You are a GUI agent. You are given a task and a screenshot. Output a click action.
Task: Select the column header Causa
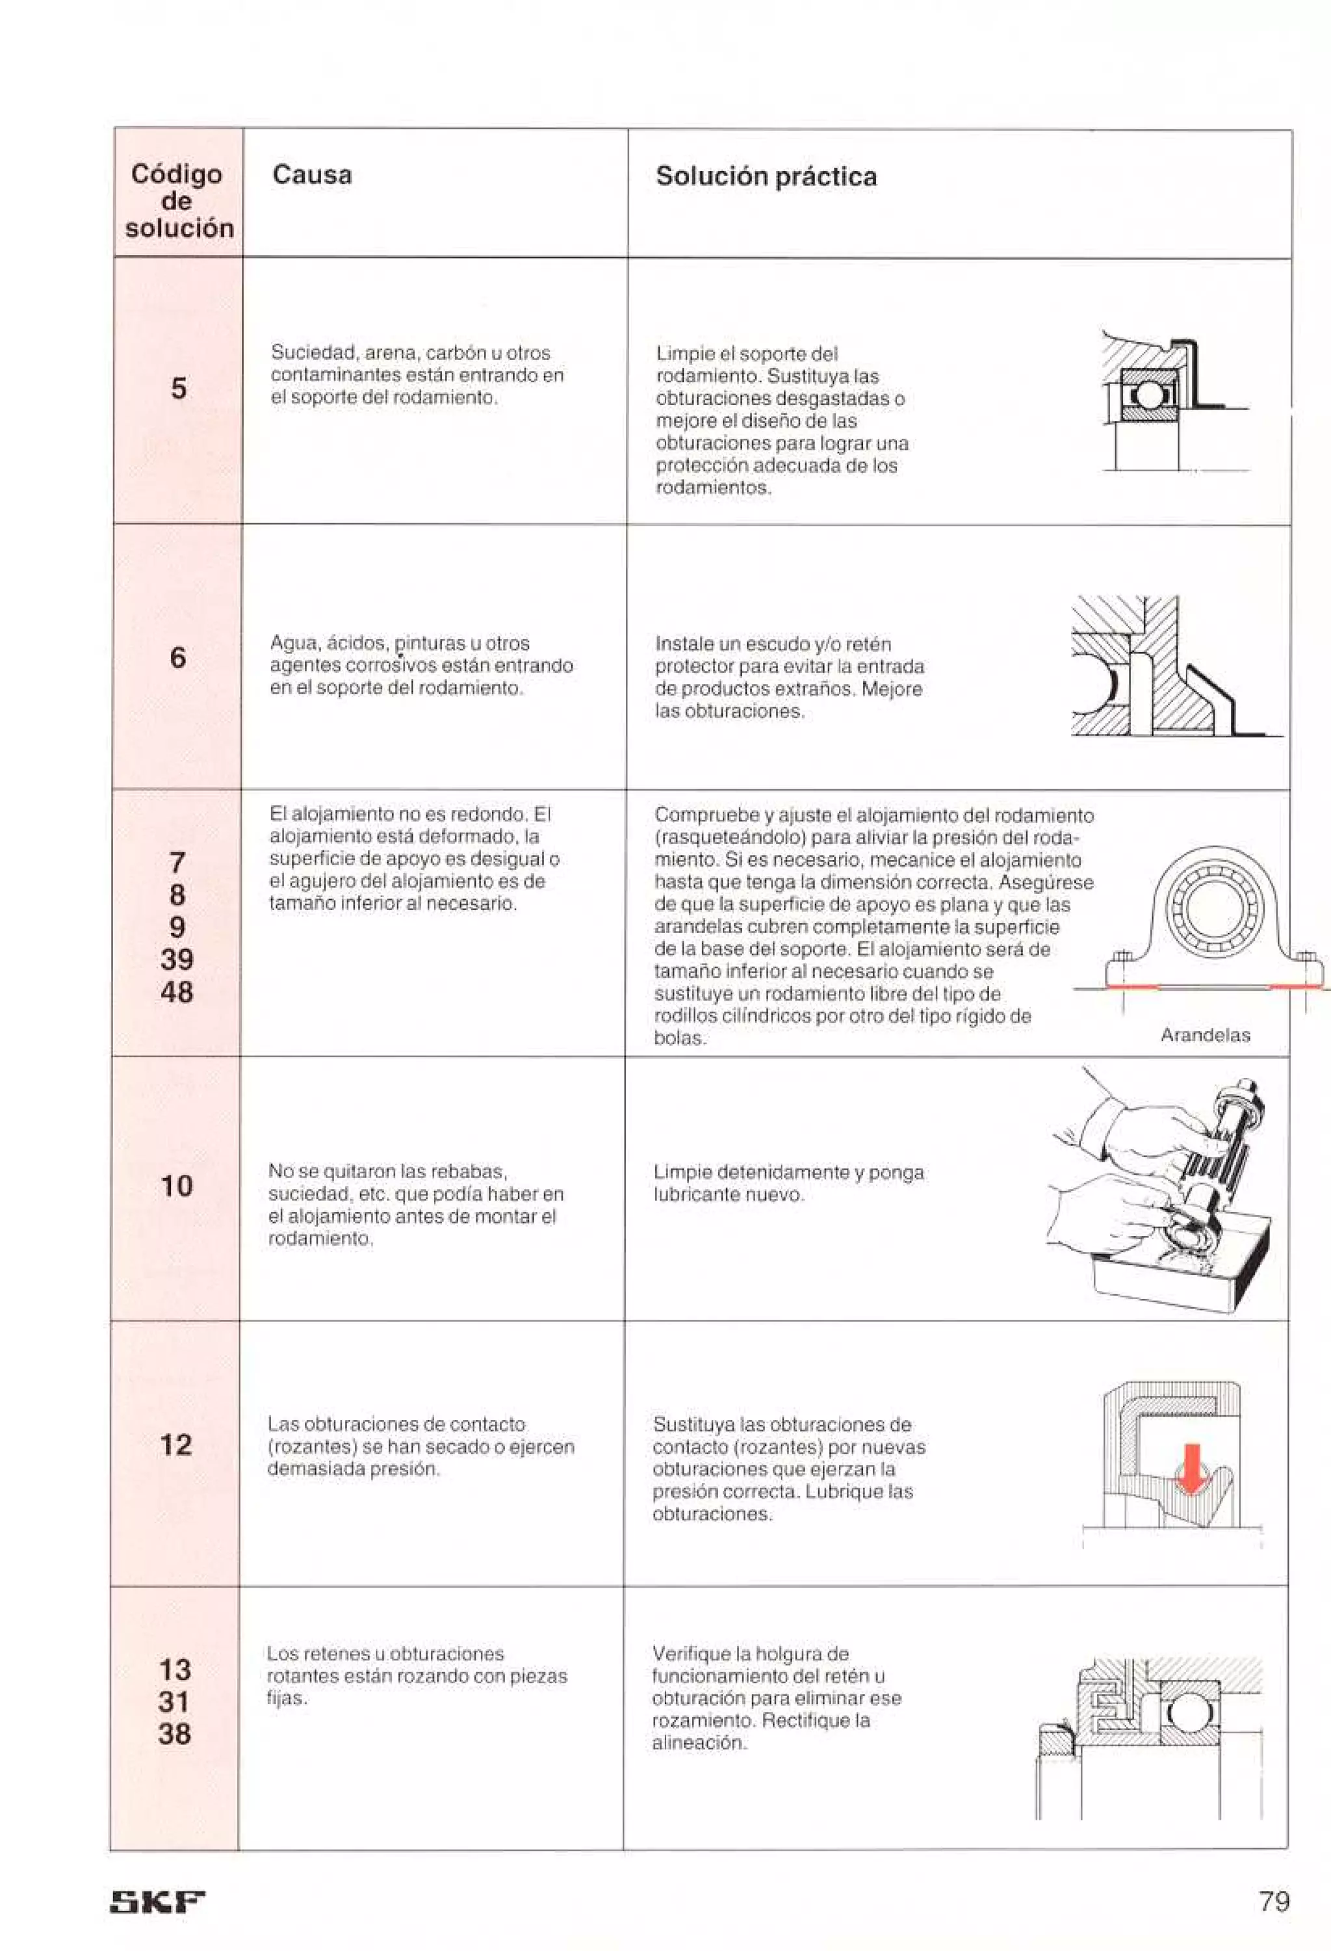[x=311, y=176]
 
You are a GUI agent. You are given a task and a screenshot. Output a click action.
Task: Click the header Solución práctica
[x=766, y=176]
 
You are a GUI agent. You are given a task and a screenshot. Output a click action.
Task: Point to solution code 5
[x=179, y=389]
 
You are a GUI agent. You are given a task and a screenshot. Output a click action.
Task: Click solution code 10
[x=176, y=1186]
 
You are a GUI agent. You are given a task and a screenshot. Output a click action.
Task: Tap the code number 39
[x=176, y=960]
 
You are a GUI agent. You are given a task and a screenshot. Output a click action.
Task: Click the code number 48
[x=176, y=992]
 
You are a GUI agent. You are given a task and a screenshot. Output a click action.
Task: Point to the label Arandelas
[x=1205, y=1035]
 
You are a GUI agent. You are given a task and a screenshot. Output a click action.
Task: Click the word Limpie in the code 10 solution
[x=682, y=1172]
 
